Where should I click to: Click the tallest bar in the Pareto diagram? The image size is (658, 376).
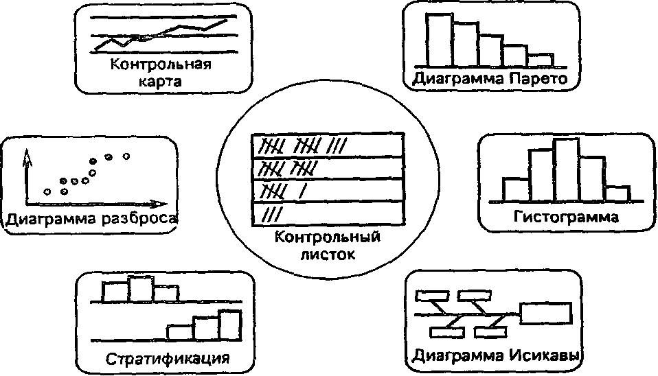(440, 40)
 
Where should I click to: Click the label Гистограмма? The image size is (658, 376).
(566, 218)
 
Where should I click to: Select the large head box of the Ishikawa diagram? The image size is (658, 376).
(546, 314)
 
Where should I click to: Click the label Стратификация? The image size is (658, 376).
(167, 359)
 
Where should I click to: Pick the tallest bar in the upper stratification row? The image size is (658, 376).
(140, 288)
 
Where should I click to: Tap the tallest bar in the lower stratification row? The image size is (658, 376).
(230, 324)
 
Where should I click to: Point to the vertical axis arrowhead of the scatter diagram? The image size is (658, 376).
(27, 157)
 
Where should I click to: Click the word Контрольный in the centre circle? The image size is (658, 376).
(327, 239)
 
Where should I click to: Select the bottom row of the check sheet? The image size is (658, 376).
(327, 214)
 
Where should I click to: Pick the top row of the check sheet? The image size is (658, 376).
(327, 145)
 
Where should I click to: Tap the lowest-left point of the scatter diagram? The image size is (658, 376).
(47, 191)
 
